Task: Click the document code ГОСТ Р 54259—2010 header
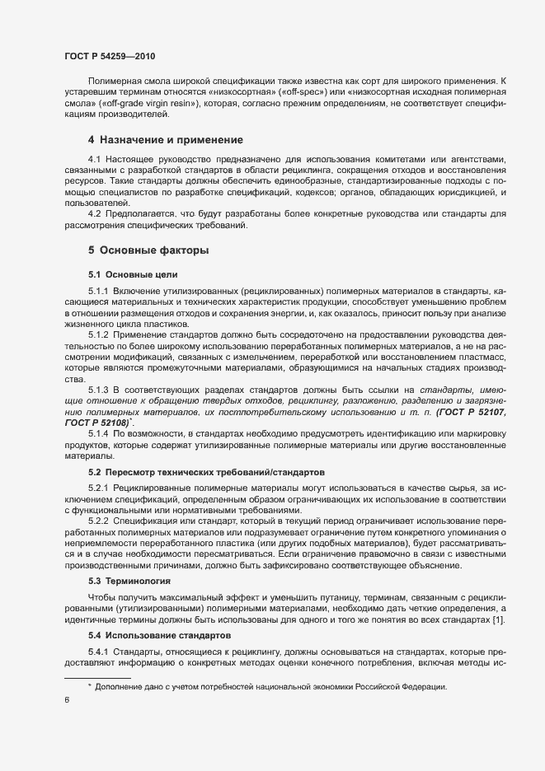coord(109,55)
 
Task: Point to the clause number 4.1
coord(94,158)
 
